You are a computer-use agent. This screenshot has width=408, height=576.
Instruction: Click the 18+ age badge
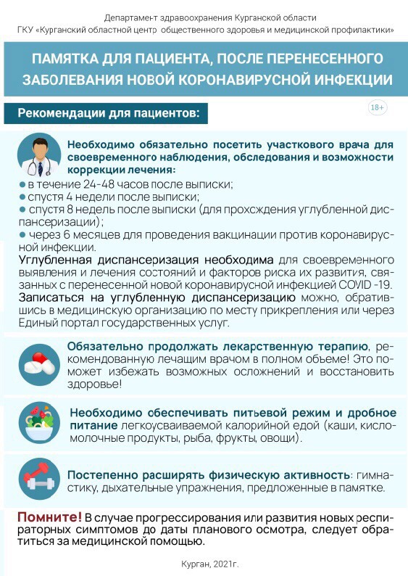tap(378, 107)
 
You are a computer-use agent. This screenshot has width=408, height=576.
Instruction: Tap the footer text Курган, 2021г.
tap(209, 563)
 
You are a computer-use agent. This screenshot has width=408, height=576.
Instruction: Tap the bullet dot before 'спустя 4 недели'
tap(22, 197)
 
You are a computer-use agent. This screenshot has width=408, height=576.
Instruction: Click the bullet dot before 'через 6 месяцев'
tap(22, 235)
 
